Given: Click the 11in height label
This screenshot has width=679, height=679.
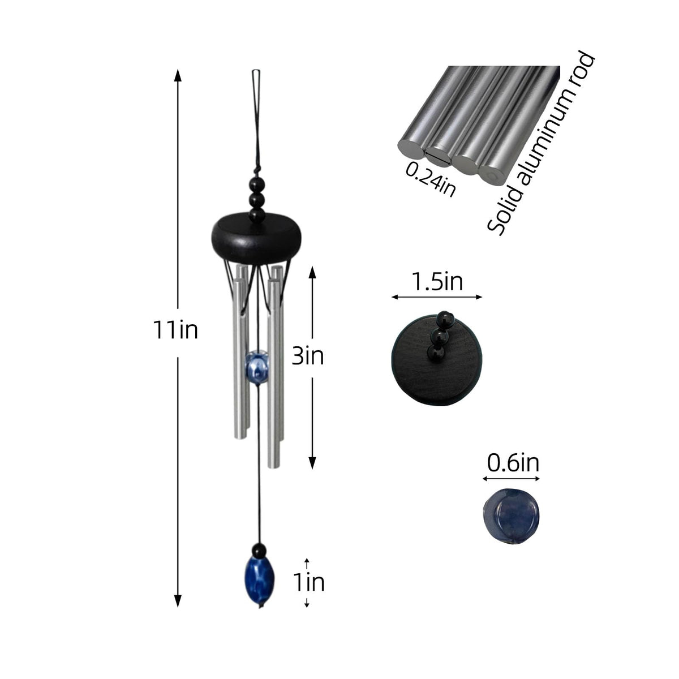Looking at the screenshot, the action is click(175, 330).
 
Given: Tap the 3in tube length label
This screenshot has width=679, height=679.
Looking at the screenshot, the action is click(308, 356).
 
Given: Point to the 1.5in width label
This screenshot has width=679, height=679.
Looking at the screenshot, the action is click(437, 282).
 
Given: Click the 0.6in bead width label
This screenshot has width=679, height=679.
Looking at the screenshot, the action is click(513, 463).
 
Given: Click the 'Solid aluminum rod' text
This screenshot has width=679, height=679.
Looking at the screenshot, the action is click(541, 143).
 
